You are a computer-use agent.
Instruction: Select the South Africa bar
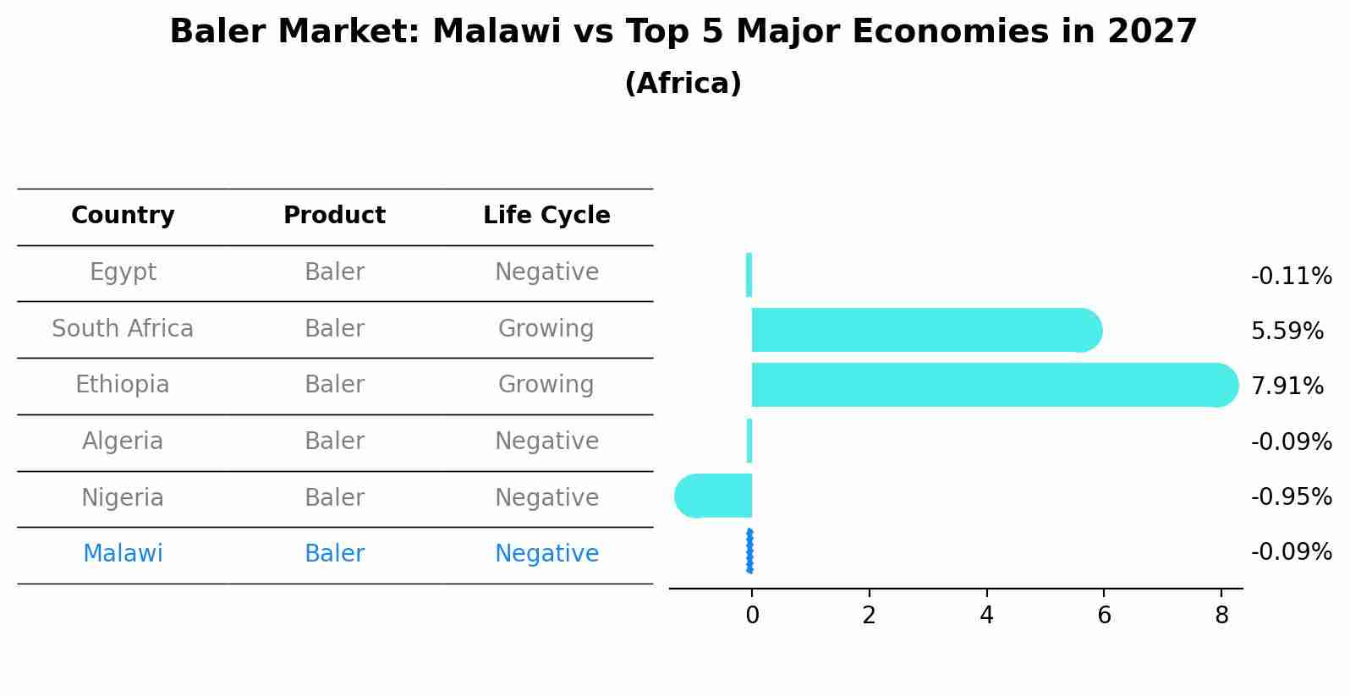[922, 330]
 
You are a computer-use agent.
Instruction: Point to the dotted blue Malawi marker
[749, 551]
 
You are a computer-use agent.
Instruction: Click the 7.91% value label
[1287, 386]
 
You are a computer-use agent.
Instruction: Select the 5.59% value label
[1287, 331]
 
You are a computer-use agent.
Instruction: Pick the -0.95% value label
[1291, 496]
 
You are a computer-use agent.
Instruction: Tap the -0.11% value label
[1291, 277]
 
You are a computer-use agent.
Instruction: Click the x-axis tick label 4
[986, 616]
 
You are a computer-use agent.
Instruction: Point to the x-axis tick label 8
[1221, 616]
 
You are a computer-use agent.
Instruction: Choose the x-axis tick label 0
[752, 616]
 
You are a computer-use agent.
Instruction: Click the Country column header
[123, 216]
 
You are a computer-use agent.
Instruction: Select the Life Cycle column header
[546, 216]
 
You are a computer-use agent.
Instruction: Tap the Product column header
[334, 216]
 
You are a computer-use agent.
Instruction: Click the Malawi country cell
[123, 554]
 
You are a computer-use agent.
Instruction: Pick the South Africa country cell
[123, 329]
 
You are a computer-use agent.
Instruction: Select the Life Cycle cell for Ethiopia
[546, 385]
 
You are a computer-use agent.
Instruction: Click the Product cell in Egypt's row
[334, 272]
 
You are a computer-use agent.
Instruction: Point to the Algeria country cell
[123, 441]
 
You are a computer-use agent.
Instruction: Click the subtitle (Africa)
[683, 84]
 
